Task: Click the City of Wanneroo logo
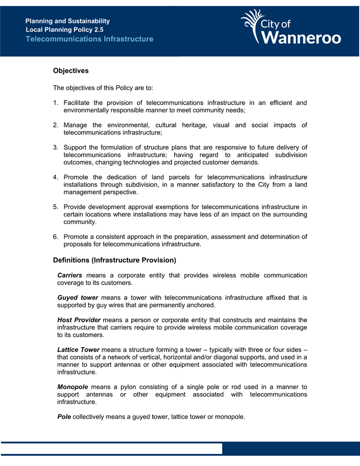pyautogui.click(x=291, y=28)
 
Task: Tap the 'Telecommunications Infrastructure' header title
pyautogui.click(x=89, y=39)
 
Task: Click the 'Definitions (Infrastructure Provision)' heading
pyautogui.click(x=114, y=260)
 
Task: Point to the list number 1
pyautogui.click(x=55, y=103)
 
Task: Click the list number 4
pyautogui.click(x=55, y=177)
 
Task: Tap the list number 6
pyautogui.click(x=55, y=236)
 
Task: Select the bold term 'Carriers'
pyautogui.click(x=70, y=276)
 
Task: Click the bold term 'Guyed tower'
pyautogui.click(x=78, y=298)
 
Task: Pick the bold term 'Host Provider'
pyautogui.click(x=79, y=320)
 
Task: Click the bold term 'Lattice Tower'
pyautogui.click(x=79, y=350)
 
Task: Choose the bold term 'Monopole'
pyautogui.click(x=73, y=387)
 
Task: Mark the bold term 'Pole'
pyautogui.click(x=64, y=417)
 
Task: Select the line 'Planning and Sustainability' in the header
pyautogui.click(x=67, y=21)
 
